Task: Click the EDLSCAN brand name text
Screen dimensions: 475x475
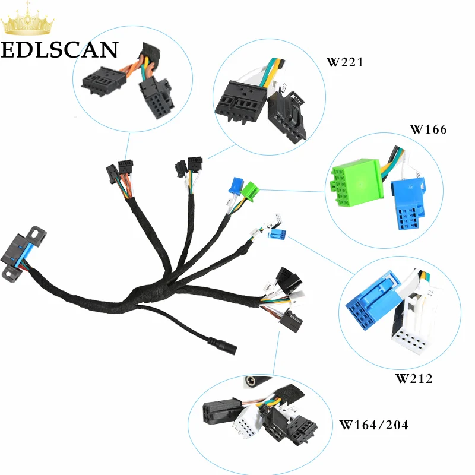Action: (x=59, y=50)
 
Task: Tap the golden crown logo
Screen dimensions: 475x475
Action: (x=27, y=20)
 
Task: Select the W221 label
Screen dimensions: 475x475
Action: (x=345, y=62)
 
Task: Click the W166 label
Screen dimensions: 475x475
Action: (x=428, y=129)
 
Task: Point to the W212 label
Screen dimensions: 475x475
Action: (x=414, y=379)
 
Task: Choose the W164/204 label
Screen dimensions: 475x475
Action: (x=373, y=425)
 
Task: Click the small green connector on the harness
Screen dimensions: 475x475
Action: (x=250, y=191)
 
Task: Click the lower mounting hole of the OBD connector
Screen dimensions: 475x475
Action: (x=8, y=274)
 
